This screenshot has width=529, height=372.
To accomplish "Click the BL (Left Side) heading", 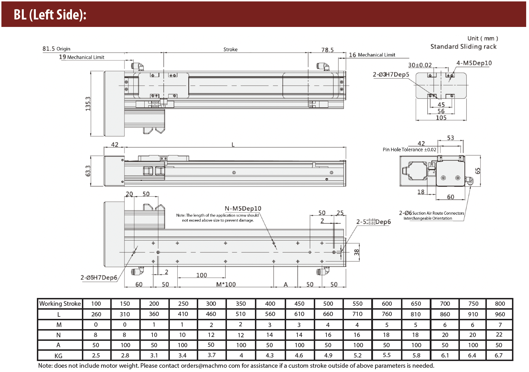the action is [50, 15].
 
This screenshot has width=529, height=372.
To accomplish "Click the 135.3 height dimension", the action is [88, 103].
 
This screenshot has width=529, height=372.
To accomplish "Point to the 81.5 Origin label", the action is [56, 49].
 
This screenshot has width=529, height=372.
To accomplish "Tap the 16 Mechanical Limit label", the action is [372, 55].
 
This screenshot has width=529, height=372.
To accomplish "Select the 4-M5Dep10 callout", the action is [474, 63].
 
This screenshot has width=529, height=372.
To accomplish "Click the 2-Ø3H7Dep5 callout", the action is [391, 74].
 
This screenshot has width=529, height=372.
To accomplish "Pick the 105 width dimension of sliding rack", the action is [441, 118].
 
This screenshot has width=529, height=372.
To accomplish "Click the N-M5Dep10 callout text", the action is [243, 208].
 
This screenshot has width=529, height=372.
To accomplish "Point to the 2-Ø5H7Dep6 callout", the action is [99, 277].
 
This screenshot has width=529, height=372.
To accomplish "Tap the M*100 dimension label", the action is [226, 284].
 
